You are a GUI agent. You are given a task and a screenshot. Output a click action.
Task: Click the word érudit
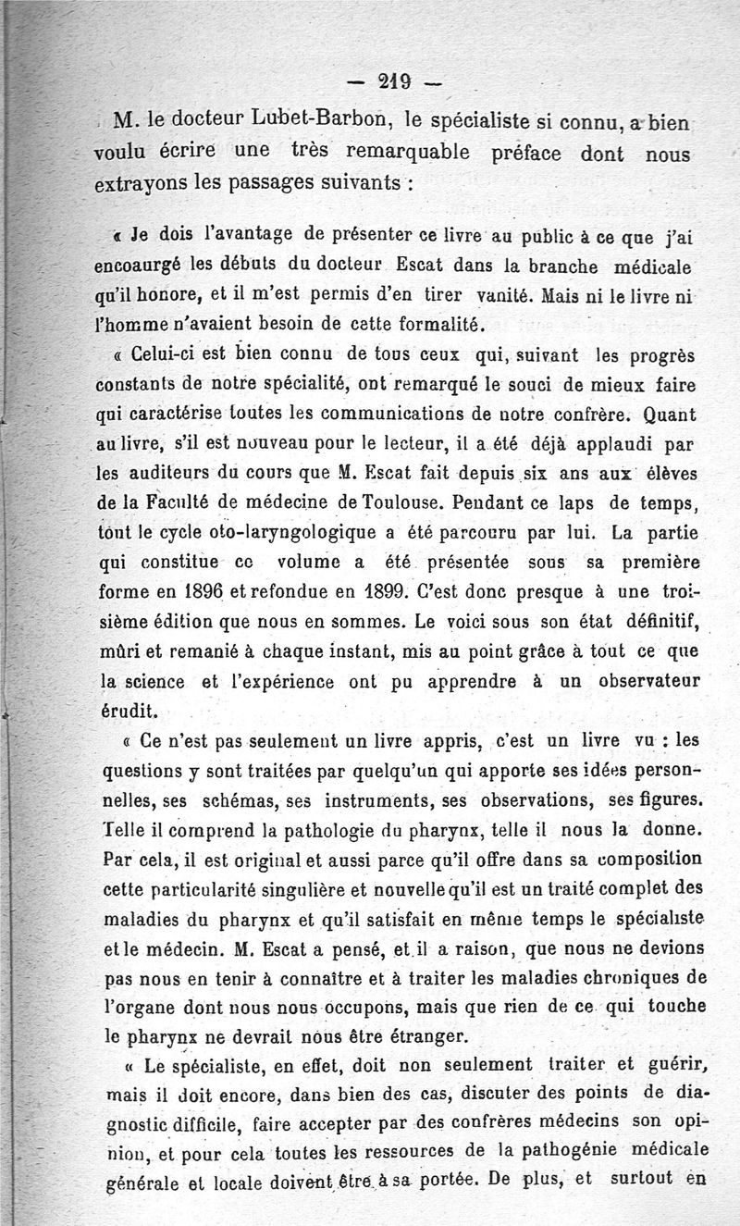pyautogui.click(x=128, y=712)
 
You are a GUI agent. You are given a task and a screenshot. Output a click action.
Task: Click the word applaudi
pyautogui.click(x=598, y=445)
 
